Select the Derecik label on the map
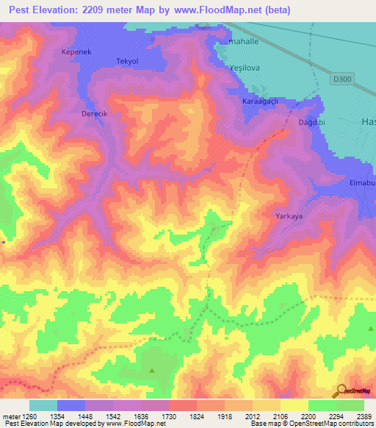pyautogui.click(x=94, y=115)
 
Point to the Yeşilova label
pyautogui.click(x=245, y=68)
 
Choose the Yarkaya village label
pyautogui.click(x=289, y=216)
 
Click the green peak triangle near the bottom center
pyautogui.click(x=152, y=369)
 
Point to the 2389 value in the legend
pyautogui.click(x=365, y=417)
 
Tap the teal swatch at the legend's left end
pyautogui.click(x=43, y=405)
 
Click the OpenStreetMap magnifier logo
pyautogui.click(x=341, y=391)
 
